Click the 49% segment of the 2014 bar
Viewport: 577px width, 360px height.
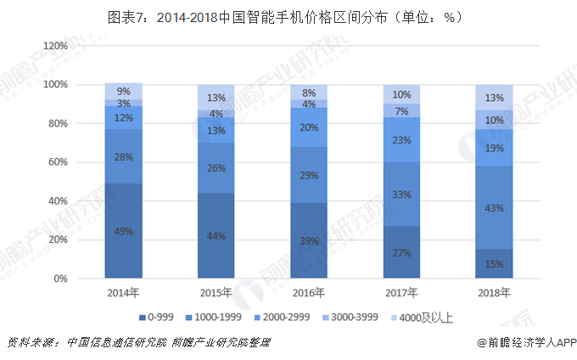(124, 231)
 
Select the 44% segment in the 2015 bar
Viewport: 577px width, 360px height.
(216, 235)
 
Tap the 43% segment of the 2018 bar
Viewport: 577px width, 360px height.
(494, 208)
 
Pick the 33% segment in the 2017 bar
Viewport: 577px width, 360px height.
(401, 194)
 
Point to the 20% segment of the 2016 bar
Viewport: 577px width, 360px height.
(309, 127)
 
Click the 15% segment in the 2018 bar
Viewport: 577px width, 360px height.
(494, 263)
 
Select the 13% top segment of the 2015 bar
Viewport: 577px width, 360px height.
(216, 97)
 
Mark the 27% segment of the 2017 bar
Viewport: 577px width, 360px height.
(401, 252)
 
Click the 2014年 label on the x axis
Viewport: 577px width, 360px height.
(124, 292)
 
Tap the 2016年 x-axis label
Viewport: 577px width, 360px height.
(309, 292)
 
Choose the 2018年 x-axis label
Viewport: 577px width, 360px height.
(494, 292)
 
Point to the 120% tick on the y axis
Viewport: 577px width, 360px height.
(55, 46)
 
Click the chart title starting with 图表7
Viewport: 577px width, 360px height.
(289, 16)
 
